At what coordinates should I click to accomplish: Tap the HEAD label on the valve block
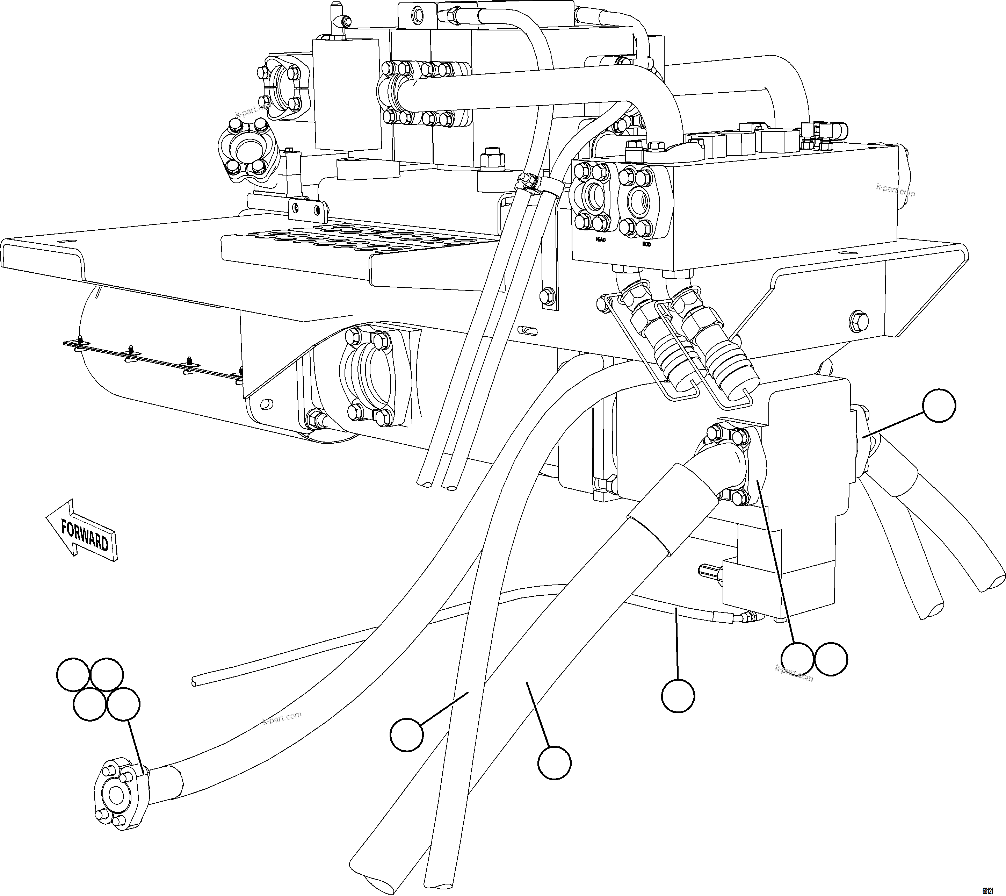tap(600, 240)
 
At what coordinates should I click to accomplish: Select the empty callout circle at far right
tap(939, 405)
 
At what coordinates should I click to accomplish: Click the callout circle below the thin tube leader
tap(678, 696)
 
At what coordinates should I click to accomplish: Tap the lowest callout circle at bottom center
tap(554, 762)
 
